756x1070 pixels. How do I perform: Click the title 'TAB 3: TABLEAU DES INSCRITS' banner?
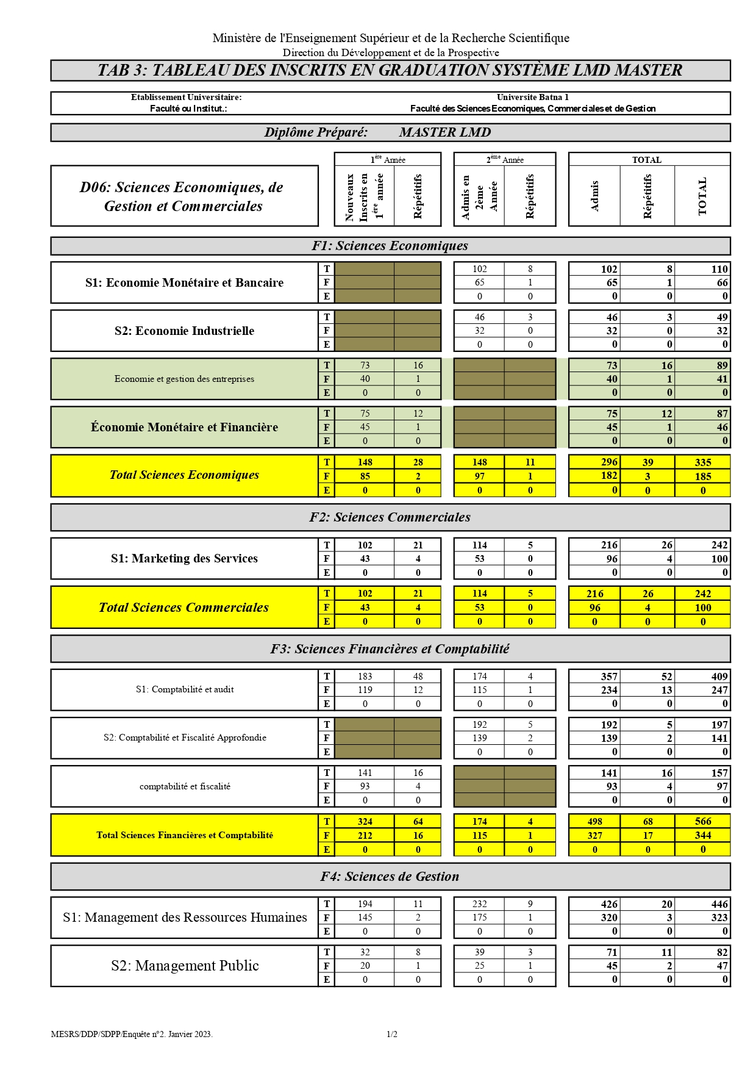pos(390,71)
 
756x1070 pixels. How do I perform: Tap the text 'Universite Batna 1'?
pos(532,97)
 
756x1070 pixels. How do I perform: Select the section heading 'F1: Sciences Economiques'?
pos(390,246)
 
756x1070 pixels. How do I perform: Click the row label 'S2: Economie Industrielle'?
pos(184,331)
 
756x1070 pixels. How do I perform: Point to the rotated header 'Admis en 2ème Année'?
pos(479,196)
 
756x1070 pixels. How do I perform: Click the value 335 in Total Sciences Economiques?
pos(702,462)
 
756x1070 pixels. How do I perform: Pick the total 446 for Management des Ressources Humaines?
pos(719,904)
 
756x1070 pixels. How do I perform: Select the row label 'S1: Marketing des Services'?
pos(184,558)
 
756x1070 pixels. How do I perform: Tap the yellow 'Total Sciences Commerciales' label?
pos(184,608)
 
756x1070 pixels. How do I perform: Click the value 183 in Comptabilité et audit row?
pos(365,676)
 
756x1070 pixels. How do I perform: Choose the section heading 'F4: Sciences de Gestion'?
pos(390,877)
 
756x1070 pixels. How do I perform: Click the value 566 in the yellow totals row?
pos(702,821)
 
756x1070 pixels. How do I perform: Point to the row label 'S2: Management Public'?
pos(185,966)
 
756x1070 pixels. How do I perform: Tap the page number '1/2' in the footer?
pos(391,1034)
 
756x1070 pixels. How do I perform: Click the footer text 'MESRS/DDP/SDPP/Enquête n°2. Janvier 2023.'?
pos(132,1034)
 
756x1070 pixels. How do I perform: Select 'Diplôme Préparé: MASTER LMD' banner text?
pos(378,132)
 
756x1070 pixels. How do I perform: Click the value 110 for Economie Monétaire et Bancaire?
pos(719,269)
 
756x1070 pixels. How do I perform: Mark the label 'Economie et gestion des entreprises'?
pos(184,379)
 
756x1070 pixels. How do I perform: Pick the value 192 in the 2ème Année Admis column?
pos(479,725)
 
